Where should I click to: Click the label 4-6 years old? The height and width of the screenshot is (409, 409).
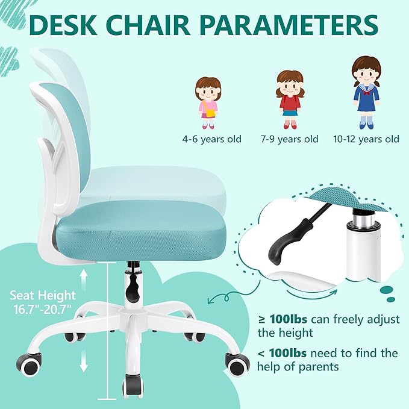(212, 139)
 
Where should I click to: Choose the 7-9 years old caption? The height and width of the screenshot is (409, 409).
(289, 139)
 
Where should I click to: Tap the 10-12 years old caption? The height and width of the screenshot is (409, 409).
(366, 139)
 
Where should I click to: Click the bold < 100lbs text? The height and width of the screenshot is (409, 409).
(280, 353)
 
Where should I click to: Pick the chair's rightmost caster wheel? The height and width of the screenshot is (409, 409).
(237, 363)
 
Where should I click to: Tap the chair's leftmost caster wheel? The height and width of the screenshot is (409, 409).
(30, 361)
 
